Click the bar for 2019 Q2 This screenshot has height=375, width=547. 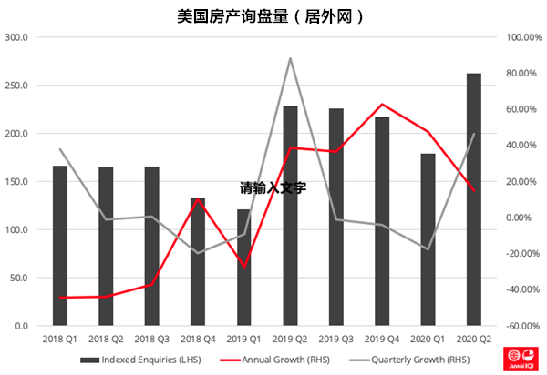point(290,216)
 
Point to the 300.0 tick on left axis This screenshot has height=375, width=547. point(17,37)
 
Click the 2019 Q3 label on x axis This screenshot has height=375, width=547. point(335,338)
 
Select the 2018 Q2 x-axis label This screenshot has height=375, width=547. point(106,338)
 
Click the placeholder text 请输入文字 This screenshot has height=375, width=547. point(273,188)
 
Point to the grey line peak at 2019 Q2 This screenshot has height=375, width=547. point(290,58)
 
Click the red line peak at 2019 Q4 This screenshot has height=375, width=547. point(382,105)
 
